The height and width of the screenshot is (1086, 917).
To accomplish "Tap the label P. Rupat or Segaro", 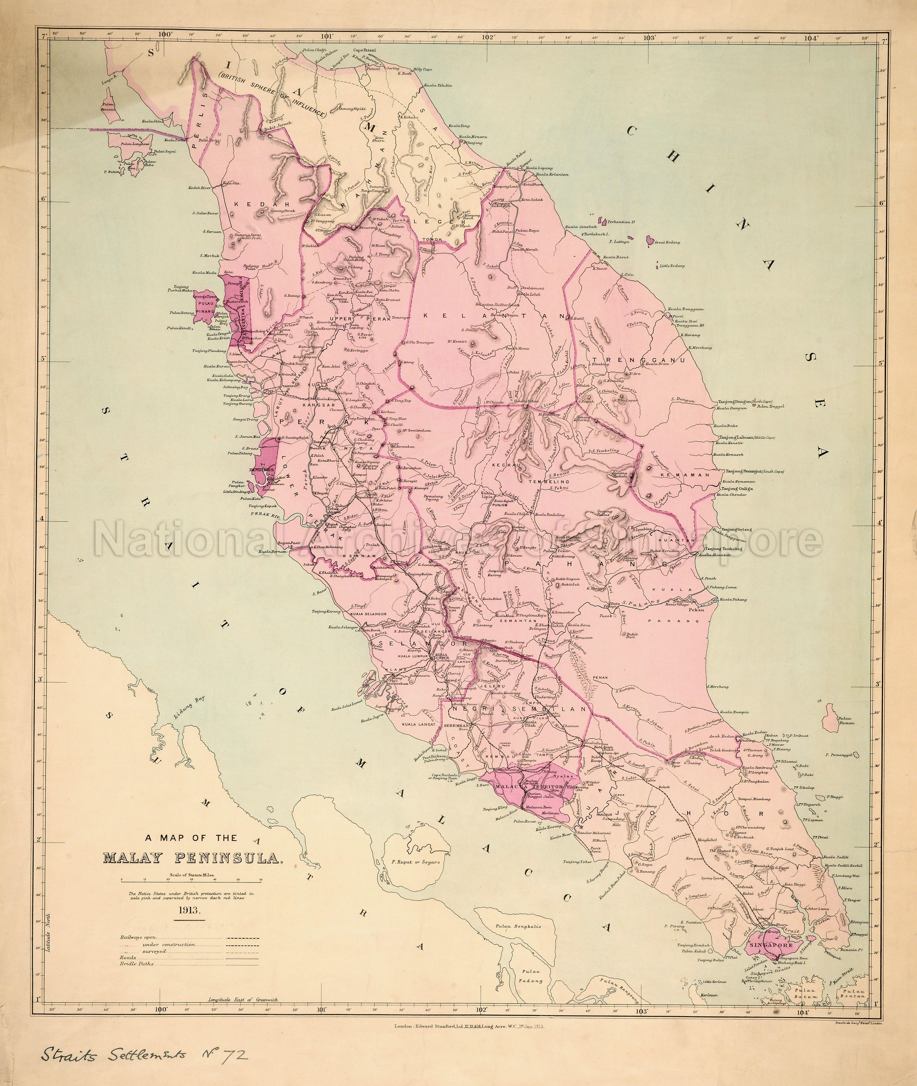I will coord(416,862).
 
